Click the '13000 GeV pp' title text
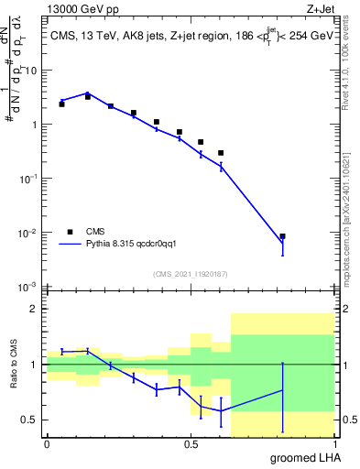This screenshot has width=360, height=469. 88,9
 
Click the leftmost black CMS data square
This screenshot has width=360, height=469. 61,104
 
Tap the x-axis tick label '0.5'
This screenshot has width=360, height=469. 190,444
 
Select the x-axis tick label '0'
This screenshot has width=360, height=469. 47,444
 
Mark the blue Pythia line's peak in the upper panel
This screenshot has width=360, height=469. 88,93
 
